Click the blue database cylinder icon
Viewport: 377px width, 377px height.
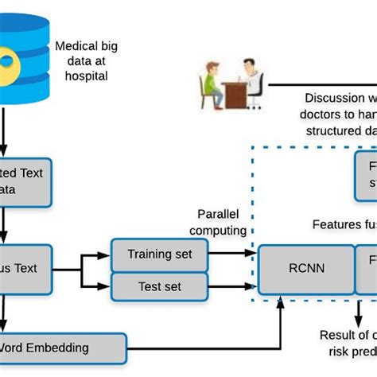19,60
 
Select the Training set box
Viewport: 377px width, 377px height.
161,255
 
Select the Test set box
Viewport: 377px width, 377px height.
161,286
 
